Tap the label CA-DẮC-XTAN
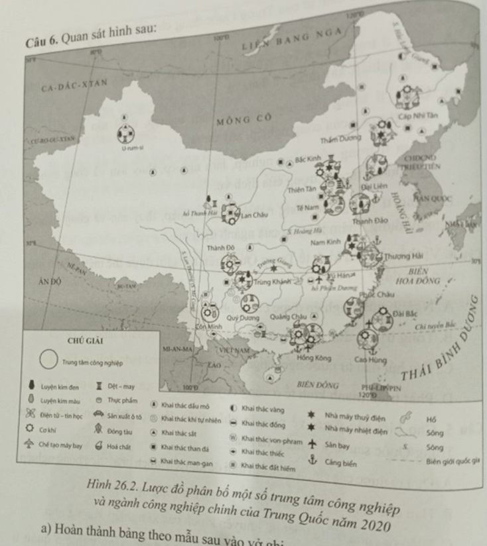[74, 85]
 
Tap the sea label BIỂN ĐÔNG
[318, 384]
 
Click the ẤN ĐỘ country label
[51, 280]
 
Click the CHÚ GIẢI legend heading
[84, 340]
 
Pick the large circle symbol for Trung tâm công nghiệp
[48, 359]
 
